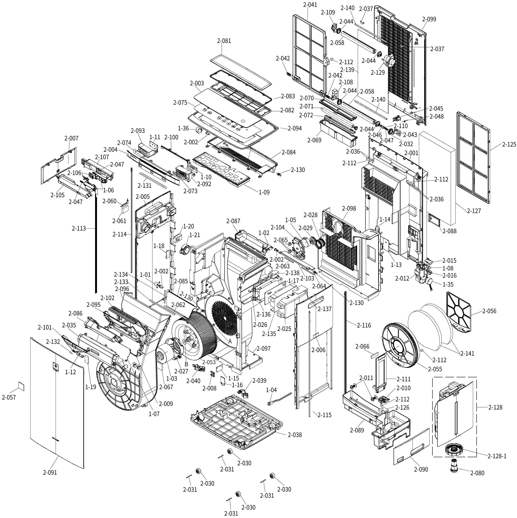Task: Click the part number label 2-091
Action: tap(50, 480)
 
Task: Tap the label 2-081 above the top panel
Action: tap(224, 41)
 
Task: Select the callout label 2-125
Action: tap(509, 144)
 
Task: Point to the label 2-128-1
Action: tap(497, 456)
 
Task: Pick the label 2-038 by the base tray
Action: tap(295, 435)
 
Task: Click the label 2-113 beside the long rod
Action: tap(79, 228)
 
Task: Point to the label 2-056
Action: tap(489, 311)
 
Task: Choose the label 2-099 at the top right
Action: tap(429, 19)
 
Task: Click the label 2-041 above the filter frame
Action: tap(310, 4)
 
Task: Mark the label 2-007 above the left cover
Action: tap(71, 138)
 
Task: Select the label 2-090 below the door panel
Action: tap(421, 469)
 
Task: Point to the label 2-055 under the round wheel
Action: tap(435, 369)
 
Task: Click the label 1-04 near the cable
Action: tap(271, 390)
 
